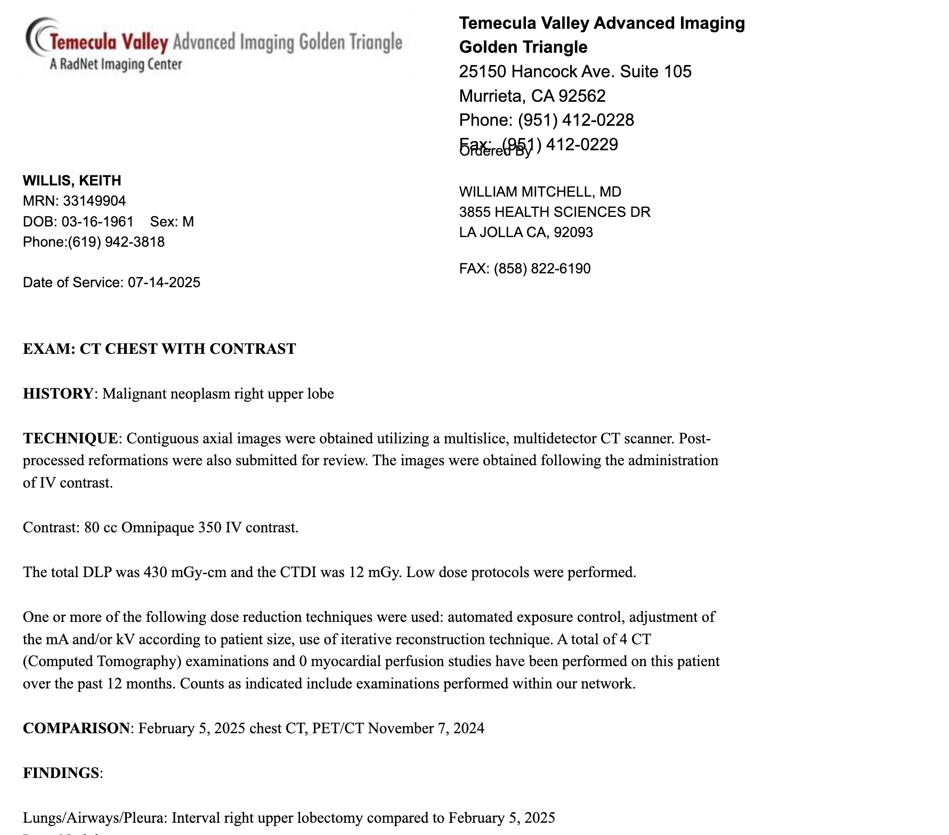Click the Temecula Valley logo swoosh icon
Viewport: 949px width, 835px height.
pyautogui.click(x=40, y=37)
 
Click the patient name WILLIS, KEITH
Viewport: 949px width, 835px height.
pyautogui.click(x=72, y=181)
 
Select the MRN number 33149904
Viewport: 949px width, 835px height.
pyautogui.click(x=94, y=201)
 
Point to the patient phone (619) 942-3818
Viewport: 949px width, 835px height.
pyautogui.click(x=116, y=242)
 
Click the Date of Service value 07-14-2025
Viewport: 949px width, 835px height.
pyautogui.click(x=164, y=282)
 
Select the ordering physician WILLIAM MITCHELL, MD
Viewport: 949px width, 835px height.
pyautogui.click(x=540, y=192)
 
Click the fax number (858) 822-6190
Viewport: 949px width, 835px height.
pyautogui.click(x=542, y=269)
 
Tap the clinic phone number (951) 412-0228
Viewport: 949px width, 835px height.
pyautogui.click(x=575, y=120)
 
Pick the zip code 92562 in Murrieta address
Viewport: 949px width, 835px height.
pyautogui.click(x=582, y=96)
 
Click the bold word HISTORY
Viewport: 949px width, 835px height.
pyautogui.click(x=58, y=394)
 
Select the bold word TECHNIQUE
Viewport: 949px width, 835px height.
pyautogui.click(x=70, y=439)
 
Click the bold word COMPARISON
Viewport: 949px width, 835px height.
pyautogui.click(x=76, y=728)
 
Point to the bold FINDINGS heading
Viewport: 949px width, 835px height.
pyautogui.click(x=61, y=773)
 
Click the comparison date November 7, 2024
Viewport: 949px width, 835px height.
pyautogui.click(x=426, y=728)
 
